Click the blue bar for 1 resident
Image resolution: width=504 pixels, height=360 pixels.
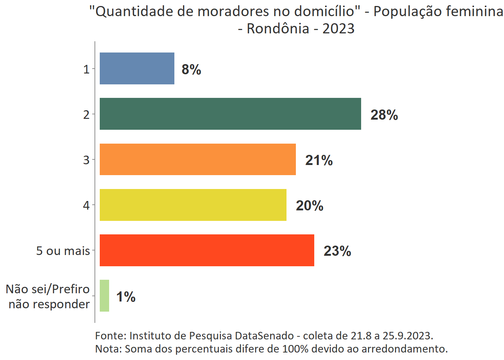point(137,69)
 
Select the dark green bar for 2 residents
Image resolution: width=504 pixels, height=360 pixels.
point(230,114)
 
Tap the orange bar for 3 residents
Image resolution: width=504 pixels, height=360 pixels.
point(198,159)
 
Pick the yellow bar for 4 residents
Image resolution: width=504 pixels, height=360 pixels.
point(193,205)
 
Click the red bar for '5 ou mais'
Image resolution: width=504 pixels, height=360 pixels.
point(207,250)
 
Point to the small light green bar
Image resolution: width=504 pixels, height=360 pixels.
point(105,296)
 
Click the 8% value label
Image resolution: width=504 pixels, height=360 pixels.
point(191,69)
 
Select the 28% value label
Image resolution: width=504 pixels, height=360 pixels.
point(384,115)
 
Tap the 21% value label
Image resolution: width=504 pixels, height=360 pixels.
point(319,160)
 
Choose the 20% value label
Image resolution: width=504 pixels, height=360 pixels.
point(309,206)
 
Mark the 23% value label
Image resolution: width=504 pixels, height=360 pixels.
point(337,251)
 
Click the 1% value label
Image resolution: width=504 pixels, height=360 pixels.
point(126,297)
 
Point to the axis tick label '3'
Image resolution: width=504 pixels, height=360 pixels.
point(86,160)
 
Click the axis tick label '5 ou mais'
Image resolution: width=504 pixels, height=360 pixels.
point(63,251)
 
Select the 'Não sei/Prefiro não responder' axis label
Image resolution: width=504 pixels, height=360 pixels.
point(48,296)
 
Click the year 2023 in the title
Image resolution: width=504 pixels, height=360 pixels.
point(338,28)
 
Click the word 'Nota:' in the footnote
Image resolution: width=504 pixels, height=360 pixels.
point(108,349)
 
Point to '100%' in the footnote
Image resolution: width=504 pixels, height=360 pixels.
point(295,349)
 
